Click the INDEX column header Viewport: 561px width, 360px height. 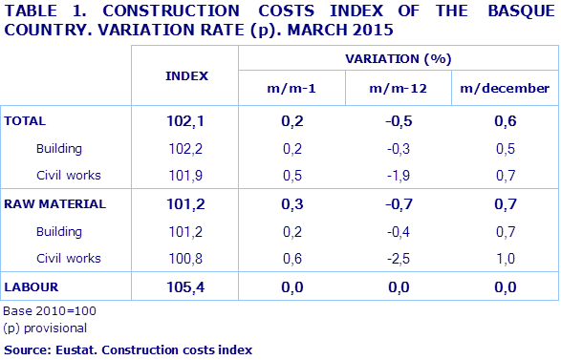185,74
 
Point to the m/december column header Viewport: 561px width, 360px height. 505,89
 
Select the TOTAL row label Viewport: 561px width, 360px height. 26,121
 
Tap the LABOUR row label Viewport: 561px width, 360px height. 32,287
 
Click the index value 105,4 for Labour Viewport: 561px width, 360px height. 185,287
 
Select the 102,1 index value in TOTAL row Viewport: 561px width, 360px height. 185,121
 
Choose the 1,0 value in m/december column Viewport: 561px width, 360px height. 505,259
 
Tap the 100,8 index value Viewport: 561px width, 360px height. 185,259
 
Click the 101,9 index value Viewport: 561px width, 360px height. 185,176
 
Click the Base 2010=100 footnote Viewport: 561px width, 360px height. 50,311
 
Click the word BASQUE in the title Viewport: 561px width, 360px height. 516,11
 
